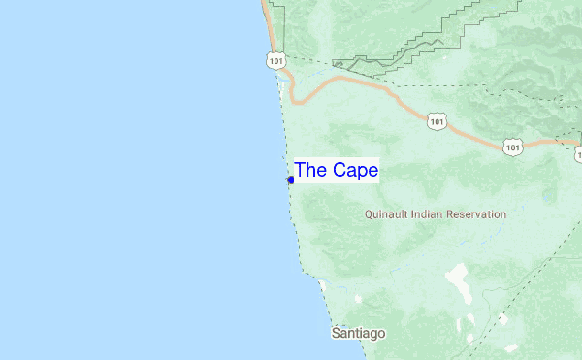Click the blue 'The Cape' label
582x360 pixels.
pyautogui.click(x=336, y=170)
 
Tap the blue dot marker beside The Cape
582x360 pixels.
pyautogui.click(x=291, y=180)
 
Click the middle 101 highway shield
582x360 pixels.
pyautogui.click(x=437, y=121)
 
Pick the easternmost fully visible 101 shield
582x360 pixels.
pyautogui.click(x=512, y=147)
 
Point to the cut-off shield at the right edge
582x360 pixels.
pyautogui.click(x=578, y=153)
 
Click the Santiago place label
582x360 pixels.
pyautogui.click(x=358, y=333)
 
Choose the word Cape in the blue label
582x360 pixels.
pyautogui.click(x=355, y=170)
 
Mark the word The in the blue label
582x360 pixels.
pyautogui.click(x=310, y=170)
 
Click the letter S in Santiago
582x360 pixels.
pyautogui.click(x=336, y=333)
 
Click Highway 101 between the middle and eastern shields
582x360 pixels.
pyautogui.click(x=475, y=137)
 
